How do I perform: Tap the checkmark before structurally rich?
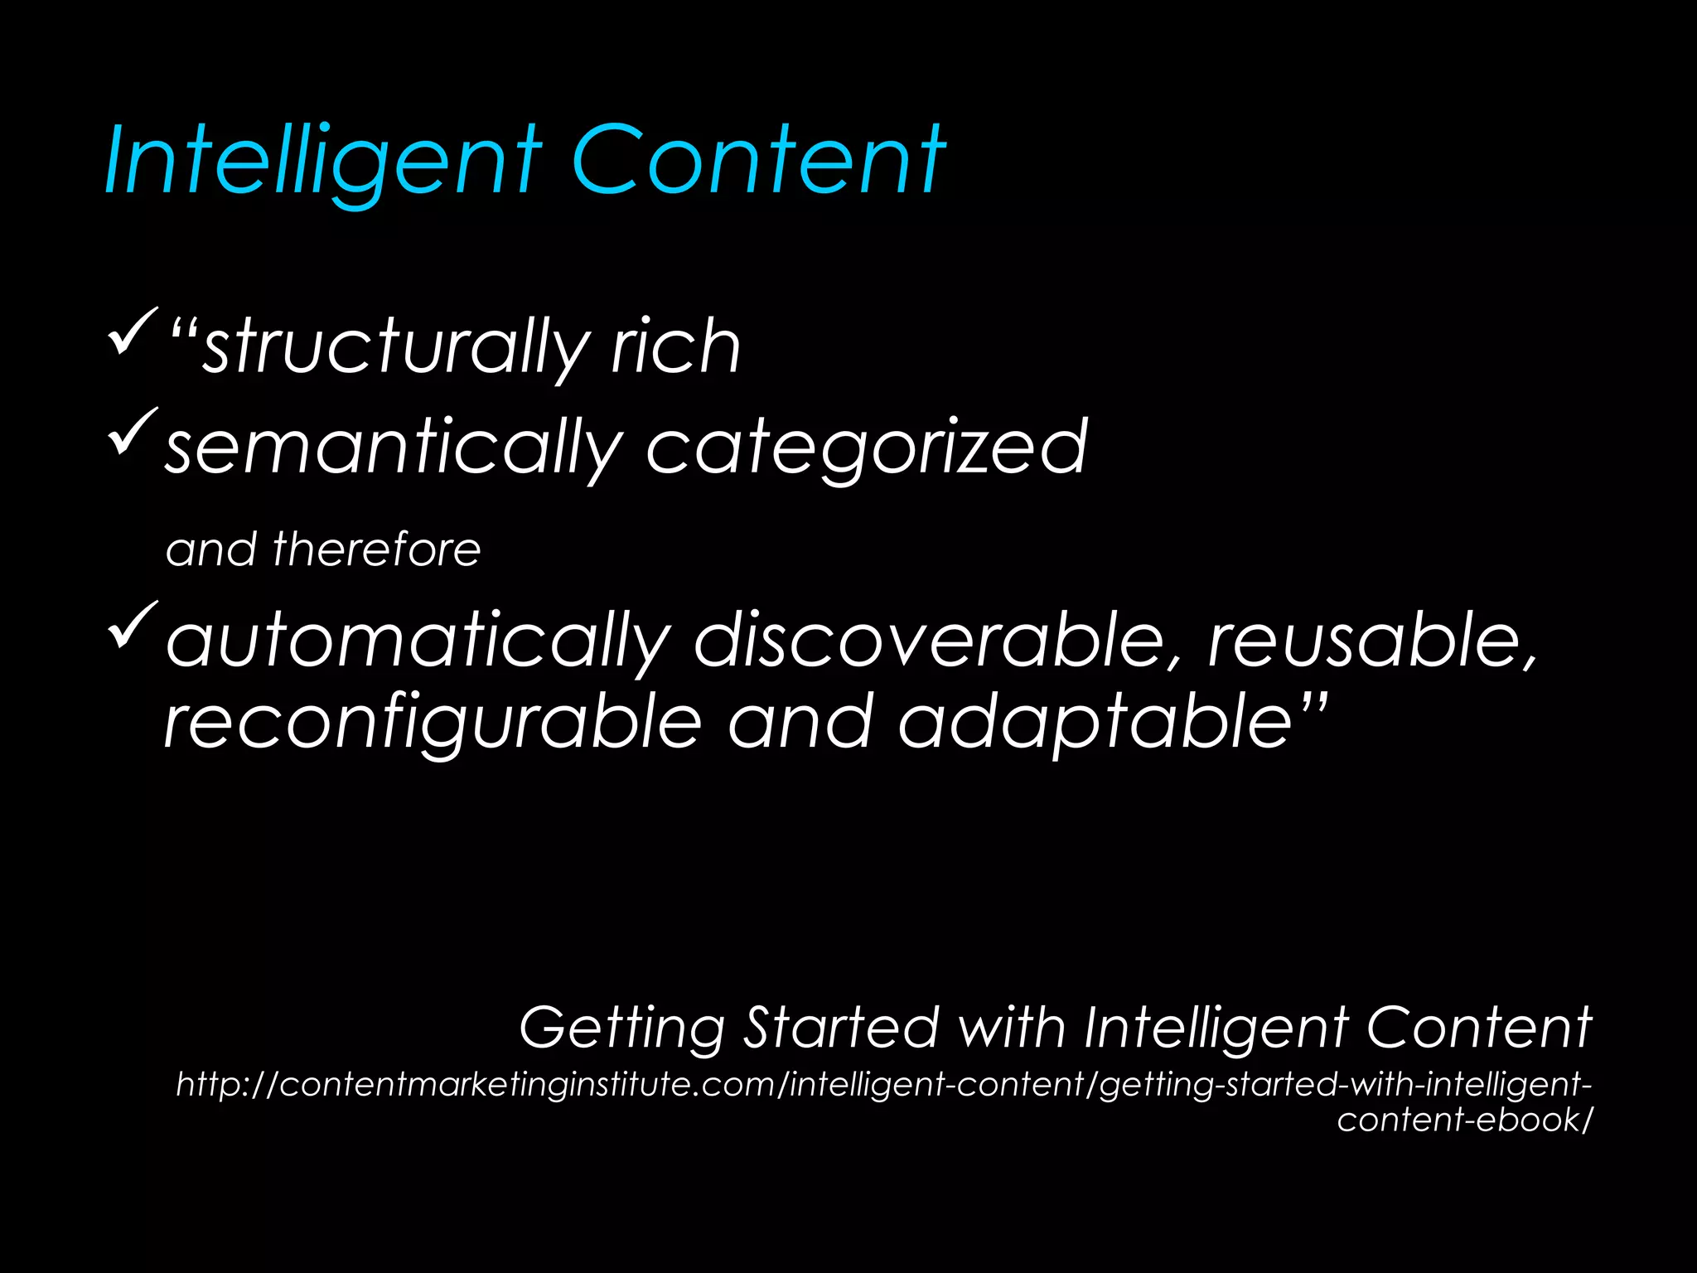(132, 331)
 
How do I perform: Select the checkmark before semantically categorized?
(132, 431)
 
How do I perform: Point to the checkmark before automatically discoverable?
(132, 625)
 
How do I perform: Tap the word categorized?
(866, 448)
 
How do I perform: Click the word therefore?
(377, 549)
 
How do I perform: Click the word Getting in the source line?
(621, 1029)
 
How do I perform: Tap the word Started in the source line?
(841, 1027)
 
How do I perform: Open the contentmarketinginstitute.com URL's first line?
(883, 1085)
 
